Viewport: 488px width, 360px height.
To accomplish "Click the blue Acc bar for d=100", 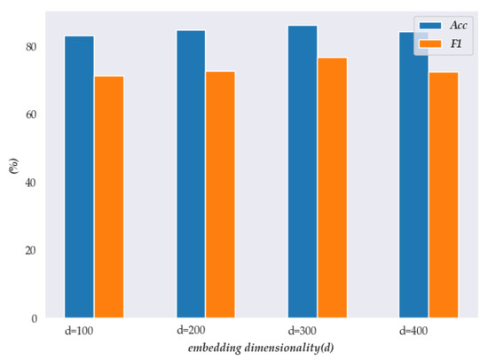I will (x=79, y=176).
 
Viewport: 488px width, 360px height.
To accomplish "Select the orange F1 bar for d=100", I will (x=109, y=197).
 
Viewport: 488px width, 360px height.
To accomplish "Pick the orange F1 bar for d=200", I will (x=221, y=194).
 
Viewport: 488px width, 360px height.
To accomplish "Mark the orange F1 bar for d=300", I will (x=332, y=187).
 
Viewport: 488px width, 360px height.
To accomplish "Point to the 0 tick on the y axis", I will (x=34, y=318).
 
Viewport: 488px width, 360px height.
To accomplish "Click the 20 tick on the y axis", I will (x=31, y=251).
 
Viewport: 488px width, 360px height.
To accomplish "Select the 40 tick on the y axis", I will (x=31, y=183).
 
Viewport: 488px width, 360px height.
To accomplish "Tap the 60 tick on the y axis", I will (x=31, y=115).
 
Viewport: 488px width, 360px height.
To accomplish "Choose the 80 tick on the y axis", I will (x=31, y=47).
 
